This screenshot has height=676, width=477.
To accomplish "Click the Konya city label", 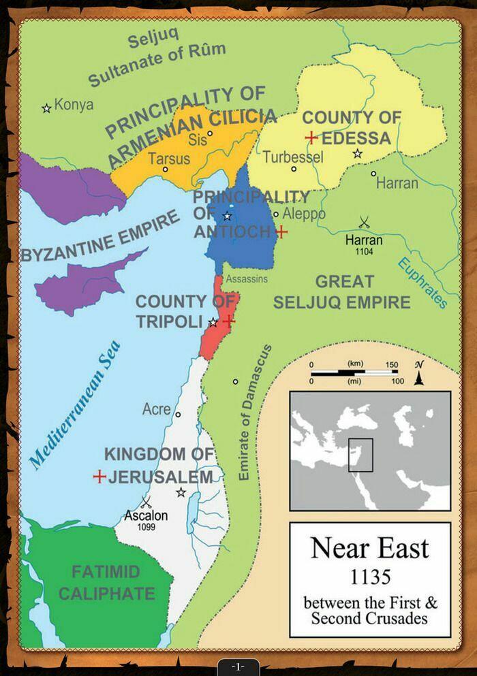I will (x=74, y=106).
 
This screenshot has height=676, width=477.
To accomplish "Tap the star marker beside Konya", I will (x=46, y=108).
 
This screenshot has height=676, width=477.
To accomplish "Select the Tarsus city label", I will (x=168, y=159).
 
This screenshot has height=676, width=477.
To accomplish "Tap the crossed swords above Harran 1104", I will (x=364, y=222).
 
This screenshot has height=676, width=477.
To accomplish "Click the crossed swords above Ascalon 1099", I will (x=145, y=502).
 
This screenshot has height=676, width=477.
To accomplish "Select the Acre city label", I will (x=156, y=409).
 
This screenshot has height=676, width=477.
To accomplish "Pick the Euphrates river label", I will (x=422, y=282).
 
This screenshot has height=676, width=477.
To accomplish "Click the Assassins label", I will (x=247, y=279).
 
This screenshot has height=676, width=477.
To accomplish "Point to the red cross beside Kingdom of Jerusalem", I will (x=99, y=477).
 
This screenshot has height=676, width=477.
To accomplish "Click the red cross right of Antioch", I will (x=280, y=232).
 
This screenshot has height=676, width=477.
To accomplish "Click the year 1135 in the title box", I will (x=370, y=578).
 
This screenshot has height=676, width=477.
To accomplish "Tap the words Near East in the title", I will (x=370, y=548).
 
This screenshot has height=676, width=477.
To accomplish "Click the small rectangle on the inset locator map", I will (x=360, y=455).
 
